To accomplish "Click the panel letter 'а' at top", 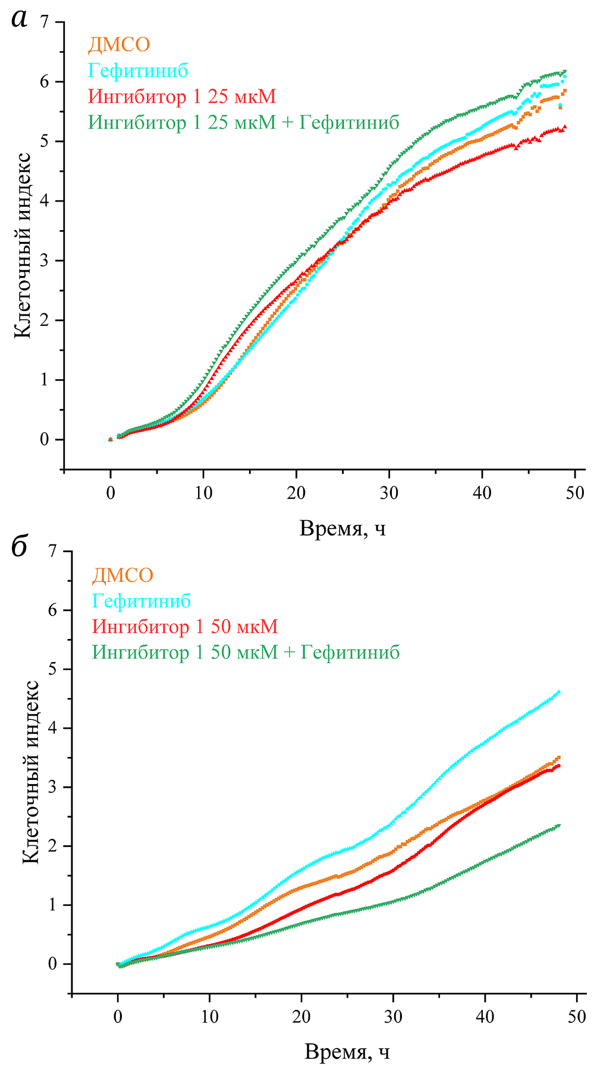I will [20, 20].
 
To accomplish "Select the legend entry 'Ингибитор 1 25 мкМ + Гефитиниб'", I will [244, 122].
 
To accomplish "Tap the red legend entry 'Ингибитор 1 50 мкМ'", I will [185, 627].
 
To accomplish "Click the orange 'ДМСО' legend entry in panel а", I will [119, 45].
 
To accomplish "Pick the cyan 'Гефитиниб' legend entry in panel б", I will [142, 600].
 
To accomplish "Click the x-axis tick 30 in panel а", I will [389, 493].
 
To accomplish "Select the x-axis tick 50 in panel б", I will [577, 1016].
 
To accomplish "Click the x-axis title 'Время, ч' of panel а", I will [343, 528].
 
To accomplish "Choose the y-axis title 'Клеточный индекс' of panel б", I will [31, 771].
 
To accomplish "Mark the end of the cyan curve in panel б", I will [559, 692].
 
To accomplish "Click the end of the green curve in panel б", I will [559, 825].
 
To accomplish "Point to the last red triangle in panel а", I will [564, 127].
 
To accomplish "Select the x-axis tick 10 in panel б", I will [210, 1016].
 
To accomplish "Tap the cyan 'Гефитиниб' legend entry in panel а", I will [138, 71].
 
